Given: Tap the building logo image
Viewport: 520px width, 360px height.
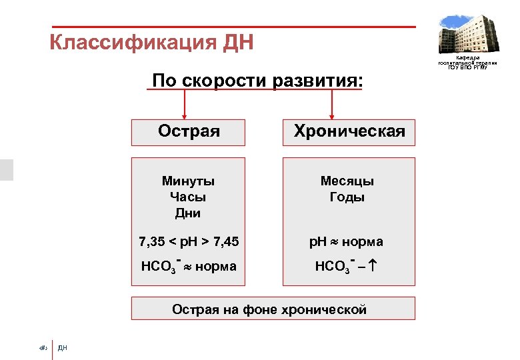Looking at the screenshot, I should [467, 33].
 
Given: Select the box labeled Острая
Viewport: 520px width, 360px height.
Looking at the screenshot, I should [189, 131].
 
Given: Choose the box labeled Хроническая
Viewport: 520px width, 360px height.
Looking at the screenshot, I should [349, 131].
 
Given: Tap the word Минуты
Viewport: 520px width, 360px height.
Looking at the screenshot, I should [188, 181].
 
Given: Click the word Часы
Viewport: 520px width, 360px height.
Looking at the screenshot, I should [188, 197].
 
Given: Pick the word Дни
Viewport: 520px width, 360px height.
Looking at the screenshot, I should [188, 213].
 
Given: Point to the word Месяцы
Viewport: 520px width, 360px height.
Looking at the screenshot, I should [347, 181].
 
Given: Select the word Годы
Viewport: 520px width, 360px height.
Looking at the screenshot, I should [347, 197].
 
